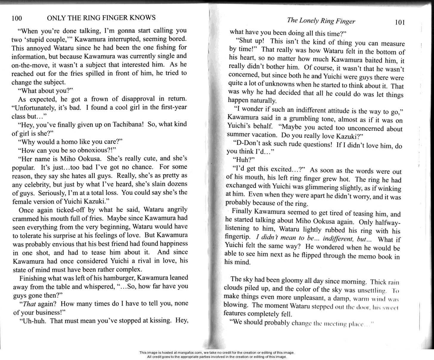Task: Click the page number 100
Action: [x=17, y=18]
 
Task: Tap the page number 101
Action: [x=399, y=23]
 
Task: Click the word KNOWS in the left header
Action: [x=143, y=18]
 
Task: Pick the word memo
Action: [x=365, y=256]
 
